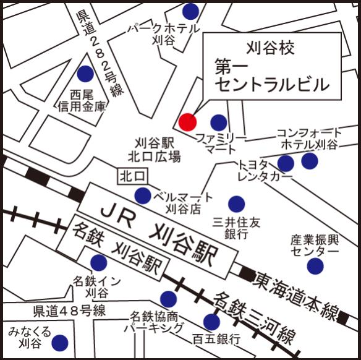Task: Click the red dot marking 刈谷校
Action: pos(187,122)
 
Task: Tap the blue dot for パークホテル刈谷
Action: pos(191,11)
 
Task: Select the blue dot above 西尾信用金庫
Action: pos(85,74)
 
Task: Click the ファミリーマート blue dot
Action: pos(219,122)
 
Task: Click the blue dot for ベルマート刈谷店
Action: pos(143,195)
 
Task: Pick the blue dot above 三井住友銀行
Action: pos(236,204)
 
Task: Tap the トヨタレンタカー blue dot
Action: pos(286,163)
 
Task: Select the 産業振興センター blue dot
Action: pos(315,266)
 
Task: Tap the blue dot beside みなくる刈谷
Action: pos(60,342)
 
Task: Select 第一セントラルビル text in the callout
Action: pos(272,74)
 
